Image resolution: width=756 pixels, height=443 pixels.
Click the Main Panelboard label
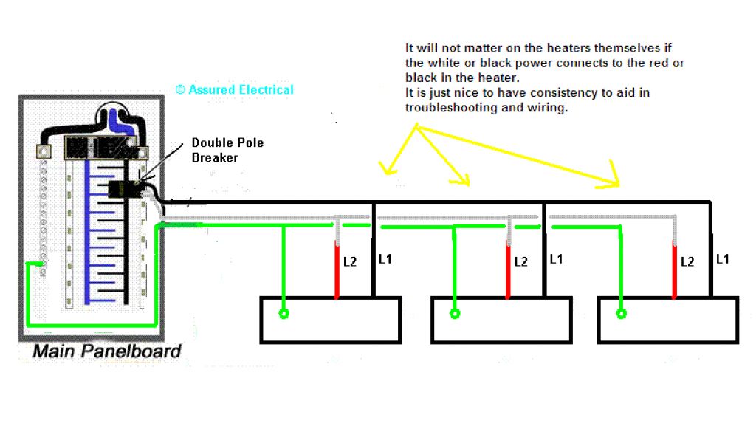pos(106,351)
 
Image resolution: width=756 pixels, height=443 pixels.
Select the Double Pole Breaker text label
pos(227,150)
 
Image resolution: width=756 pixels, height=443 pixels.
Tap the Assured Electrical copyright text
pos(234,90)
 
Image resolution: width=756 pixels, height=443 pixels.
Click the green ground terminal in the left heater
pos(283,314)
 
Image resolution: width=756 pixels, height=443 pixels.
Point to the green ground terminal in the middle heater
pos(455,314)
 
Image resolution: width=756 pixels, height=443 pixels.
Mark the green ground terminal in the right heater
pos(622,314)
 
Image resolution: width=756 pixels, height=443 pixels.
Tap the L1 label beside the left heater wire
pos(386,260)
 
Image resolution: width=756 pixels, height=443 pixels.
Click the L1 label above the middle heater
pos(556,260)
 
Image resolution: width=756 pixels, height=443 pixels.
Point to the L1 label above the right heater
pos(722,260)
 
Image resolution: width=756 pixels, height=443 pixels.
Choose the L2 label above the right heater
pos(687,261)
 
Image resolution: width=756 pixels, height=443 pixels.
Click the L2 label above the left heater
pos(350,261)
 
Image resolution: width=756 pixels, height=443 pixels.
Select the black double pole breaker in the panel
pos(117,189)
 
